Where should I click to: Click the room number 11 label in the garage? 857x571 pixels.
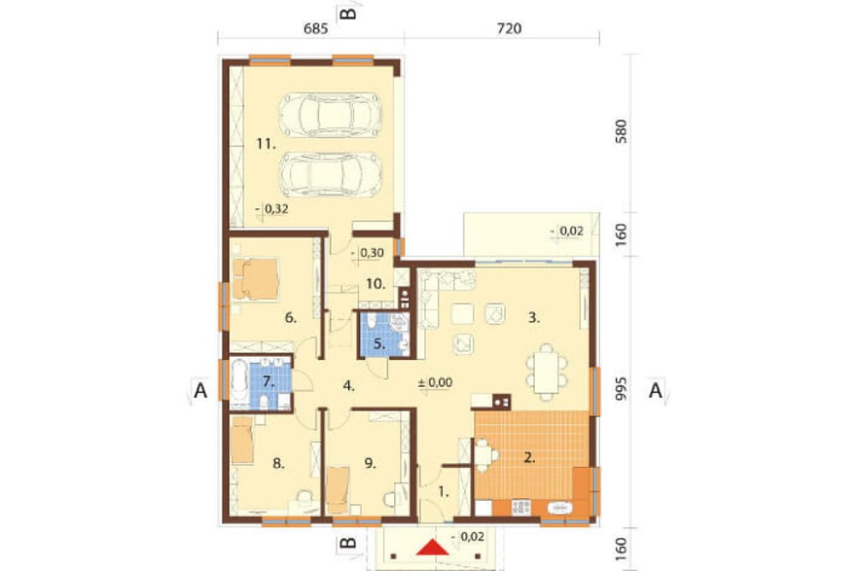(x=267, y=144)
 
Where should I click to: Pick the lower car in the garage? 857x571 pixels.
(x=330, y=174)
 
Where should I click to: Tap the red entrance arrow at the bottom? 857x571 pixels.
(x=433, y=548)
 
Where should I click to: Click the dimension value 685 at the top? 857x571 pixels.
(x=316, y=28)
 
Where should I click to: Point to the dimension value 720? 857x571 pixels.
(x=509, y=28)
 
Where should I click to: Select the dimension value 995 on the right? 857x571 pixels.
(x=620, y=389)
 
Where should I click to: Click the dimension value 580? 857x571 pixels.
(x=620, y=131)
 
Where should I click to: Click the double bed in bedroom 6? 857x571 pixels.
(x=255, y=279)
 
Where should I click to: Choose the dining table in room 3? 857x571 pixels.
(x=547, y=372)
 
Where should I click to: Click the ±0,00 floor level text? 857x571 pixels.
(x=435, y=382)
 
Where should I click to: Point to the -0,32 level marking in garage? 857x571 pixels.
(x=272, y=208)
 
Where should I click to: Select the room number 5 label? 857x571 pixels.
(x=380, y=345)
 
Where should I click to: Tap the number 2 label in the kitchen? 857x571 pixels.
(x=529, y=458)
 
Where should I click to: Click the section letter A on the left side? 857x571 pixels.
(x=201, y=391)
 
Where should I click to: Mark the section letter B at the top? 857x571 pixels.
(x=348, y=12)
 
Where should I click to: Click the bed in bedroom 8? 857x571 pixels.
(x=243, y=441)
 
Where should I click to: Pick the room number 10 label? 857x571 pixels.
(x=375, y=285)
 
